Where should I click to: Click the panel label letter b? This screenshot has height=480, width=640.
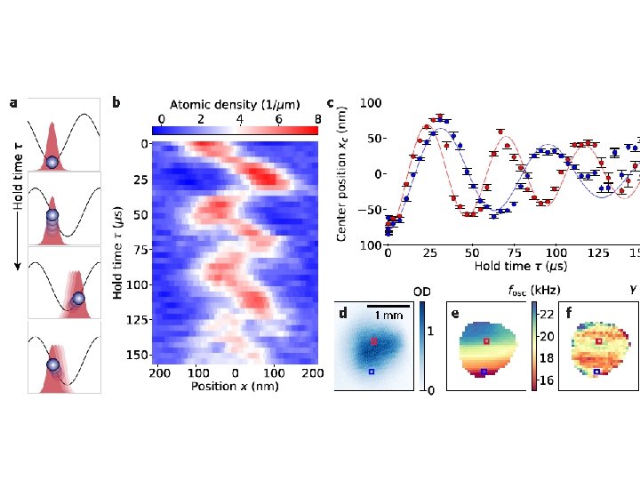tap(116, 103)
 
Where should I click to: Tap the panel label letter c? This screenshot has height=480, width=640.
tap(331, 103)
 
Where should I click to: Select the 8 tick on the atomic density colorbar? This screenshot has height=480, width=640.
tap(316, 118)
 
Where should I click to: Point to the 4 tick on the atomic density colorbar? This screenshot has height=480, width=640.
tap(239, 118)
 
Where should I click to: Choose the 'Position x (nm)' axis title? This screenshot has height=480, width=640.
tap(235, 387)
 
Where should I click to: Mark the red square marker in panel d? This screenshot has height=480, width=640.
tap(374, 341)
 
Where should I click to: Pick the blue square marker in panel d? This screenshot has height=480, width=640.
tap(372, 372)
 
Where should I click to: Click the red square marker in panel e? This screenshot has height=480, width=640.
tap(486, 340)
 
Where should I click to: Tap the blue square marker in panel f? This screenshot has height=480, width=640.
tap(596, 371)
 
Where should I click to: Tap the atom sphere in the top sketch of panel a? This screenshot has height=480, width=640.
tap(52, 162)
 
